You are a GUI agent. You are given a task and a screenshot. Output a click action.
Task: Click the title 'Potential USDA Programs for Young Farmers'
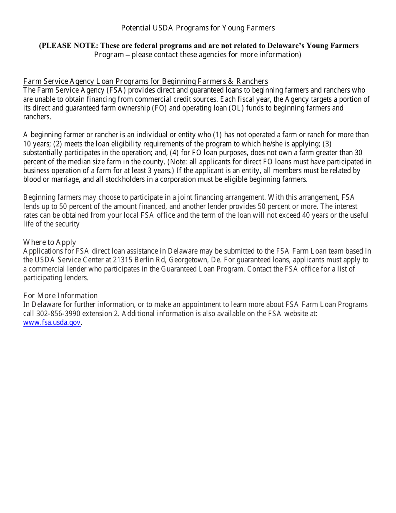point(198,28)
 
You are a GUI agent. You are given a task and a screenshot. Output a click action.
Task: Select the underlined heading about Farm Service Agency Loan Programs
point(145,81)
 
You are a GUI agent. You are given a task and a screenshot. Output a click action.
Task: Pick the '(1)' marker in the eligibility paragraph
point(218,135)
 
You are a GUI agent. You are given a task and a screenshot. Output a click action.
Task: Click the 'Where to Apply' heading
point(50,242)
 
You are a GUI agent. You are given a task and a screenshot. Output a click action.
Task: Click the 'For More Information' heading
point(60,296)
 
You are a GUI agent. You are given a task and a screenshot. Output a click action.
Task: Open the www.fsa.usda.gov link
point(52,322)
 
